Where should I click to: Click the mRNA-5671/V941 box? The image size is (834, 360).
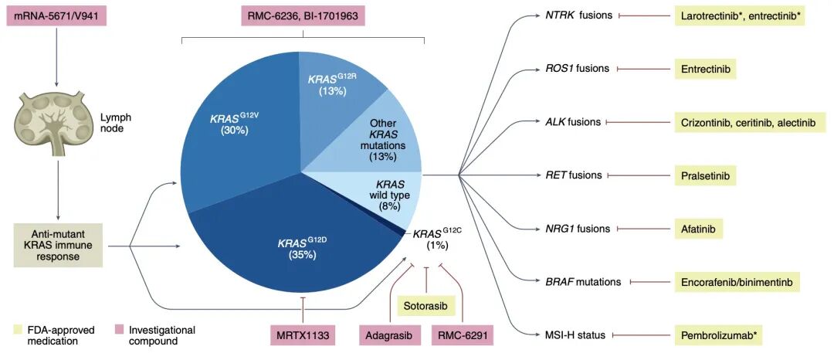(56, 16)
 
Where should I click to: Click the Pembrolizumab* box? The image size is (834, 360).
(717, 335)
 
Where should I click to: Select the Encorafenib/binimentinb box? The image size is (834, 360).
(736, 282)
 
